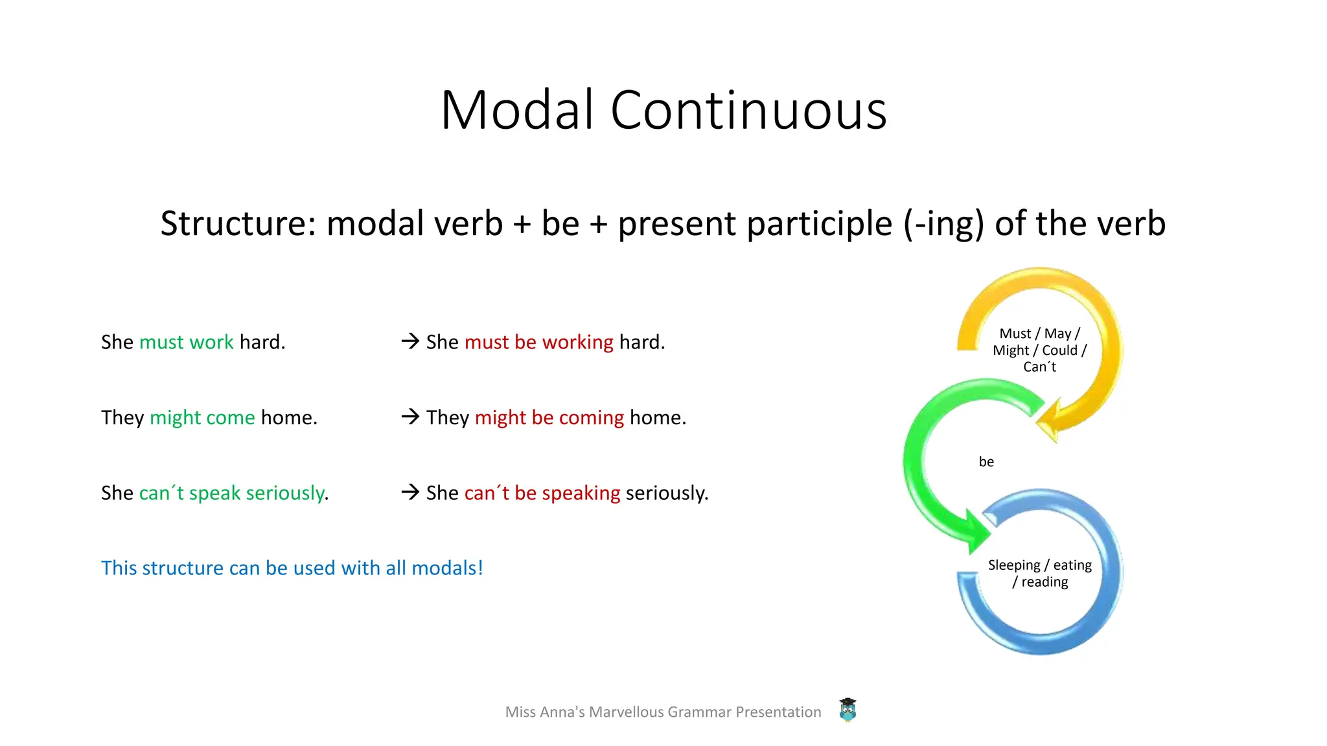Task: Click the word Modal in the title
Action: (x=517, y=110)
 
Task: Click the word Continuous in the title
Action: (x=748, y=110)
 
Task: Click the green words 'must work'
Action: (x=187, y=342)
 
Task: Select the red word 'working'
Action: (x=577, y=342)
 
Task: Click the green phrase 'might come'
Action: (x=202, y=418)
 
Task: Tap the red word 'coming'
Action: (x=591, y=418)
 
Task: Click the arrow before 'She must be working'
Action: (x=410, y=341)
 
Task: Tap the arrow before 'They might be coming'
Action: (x=410, y=416)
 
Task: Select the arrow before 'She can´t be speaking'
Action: (x=410, y=492)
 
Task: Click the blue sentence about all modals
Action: (x=292, y=568)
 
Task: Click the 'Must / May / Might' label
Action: (x=1039, y=350)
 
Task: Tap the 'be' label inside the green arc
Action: (x=986, y=462)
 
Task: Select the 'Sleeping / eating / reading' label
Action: (x=1039, y=573)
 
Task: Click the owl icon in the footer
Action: (x=848, y=710)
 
